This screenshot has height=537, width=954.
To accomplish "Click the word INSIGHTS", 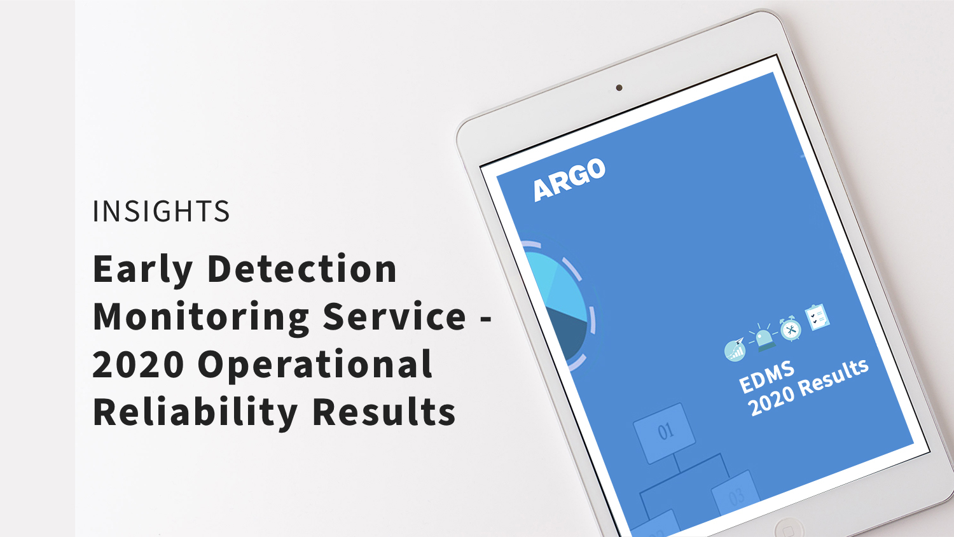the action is pyautogui.click(x=161, y=211).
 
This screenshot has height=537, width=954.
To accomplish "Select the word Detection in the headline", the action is pyautogui.click(x=302, y=268).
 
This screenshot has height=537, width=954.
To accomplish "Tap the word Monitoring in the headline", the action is pyautogui.click(x=201, y=318).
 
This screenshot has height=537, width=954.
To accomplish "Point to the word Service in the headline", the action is pyautogui.click(x=394, y=316).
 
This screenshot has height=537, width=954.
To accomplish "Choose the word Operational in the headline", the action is pyautogui.click(x=315, y=365).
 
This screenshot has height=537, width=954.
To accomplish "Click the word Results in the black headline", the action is pyautogui.click(x=384, y=412).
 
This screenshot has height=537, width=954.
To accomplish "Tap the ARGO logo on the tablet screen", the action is pyautogui.click(x=569, y=180).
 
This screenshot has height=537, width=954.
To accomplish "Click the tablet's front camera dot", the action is pyautogui.click(x=619, y=88).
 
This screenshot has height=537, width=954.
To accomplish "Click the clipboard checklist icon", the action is pyautogui.click(x=817, y=317).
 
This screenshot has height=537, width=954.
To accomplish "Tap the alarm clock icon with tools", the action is pyautogui.click(x=791, y=328).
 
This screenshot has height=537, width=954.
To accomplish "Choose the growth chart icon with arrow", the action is pyautogui.click(x=735, y=350).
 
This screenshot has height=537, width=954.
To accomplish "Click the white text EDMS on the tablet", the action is pyautogui.click(x=766, y=377).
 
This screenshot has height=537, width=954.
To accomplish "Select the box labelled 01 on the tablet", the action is pyautogui.click(x=665, y=433).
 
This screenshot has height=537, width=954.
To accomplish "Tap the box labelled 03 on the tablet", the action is pyautogui.click(x=735, y=494).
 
